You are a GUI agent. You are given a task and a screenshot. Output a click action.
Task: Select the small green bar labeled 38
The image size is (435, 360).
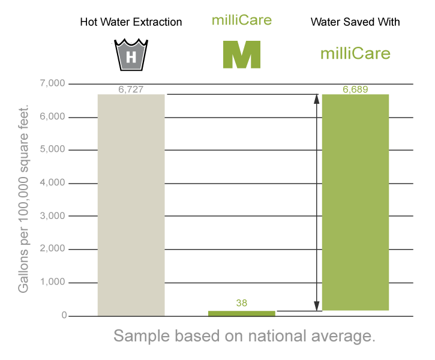[x=241, y=313]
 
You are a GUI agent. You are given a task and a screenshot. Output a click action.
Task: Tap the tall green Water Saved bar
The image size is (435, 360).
[x=355, y=202]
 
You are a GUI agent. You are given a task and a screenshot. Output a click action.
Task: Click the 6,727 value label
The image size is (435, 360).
[x=131, y=89]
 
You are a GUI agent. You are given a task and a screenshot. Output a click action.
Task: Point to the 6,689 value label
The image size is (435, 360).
[x=355, y=89]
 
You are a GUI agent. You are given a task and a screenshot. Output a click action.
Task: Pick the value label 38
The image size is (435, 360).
[x=241, y=304]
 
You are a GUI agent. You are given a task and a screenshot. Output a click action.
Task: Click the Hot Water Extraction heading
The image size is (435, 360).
[x=131, y=23]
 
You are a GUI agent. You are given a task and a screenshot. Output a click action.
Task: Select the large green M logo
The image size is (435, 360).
[x=241, y=54]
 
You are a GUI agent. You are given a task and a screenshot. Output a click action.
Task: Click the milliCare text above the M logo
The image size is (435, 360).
[x=241, y=20]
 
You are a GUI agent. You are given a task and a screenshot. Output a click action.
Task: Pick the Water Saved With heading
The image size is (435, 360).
[x=355, y=23]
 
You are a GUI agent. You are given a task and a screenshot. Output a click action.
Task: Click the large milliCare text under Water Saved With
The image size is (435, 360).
[x=355, y=54]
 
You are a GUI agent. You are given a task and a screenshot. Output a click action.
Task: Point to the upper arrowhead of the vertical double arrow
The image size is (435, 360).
[x=317, y=98]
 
